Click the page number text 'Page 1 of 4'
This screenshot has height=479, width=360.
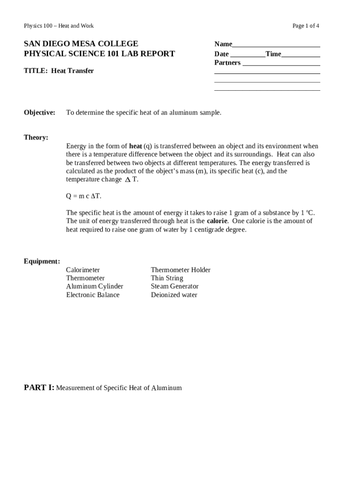306,26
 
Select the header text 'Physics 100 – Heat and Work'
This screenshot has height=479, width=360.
59,26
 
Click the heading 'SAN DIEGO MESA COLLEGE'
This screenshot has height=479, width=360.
81,44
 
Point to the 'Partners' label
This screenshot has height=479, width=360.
227,63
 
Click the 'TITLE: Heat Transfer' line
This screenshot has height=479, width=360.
59,71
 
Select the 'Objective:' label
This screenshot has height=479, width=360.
39,113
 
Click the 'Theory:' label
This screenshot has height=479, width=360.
36,138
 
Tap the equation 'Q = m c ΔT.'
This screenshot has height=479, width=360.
84,196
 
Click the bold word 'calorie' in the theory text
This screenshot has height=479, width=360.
217,221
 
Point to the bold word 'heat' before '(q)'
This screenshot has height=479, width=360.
136,146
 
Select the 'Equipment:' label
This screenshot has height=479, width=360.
42,261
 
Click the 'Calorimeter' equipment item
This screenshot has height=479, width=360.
83,270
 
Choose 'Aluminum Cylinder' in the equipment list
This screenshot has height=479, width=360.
94,286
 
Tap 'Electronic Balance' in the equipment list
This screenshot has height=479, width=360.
93,295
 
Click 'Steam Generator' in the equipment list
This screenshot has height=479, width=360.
174,286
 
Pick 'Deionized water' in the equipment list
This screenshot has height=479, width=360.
174,295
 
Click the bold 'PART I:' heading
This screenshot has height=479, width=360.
39,387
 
